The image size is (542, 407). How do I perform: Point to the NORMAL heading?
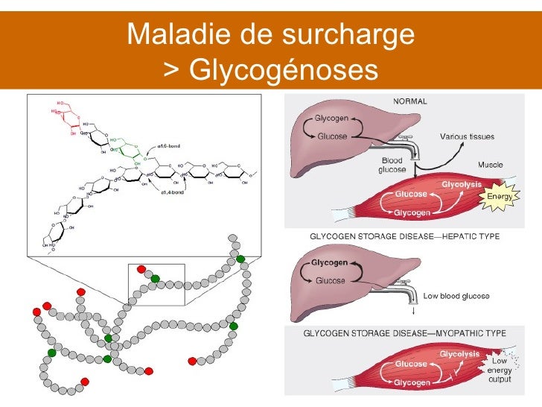(x=409, y=102)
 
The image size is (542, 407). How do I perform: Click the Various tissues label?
(x=467, y=136)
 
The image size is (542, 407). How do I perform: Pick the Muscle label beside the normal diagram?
(x=490, y=164)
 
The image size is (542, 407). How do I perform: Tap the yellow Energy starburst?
(x=498, y=196)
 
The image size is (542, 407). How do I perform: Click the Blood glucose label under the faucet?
(x=393, y=165)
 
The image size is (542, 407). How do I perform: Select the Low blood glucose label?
(x=456, y=296)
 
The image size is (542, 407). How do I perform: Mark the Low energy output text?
(x=499, y=370)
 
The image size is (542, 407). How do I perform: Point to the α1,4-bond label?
(x=173, y=194)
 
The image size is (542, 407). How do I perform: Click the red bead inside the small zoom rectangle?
(x=141, y=268)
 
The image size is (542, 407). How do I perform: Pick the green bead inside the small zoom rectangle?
(x=155, y=279)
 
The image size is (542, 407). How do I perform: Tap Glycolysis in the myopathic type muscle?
(x=459, y=353)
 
